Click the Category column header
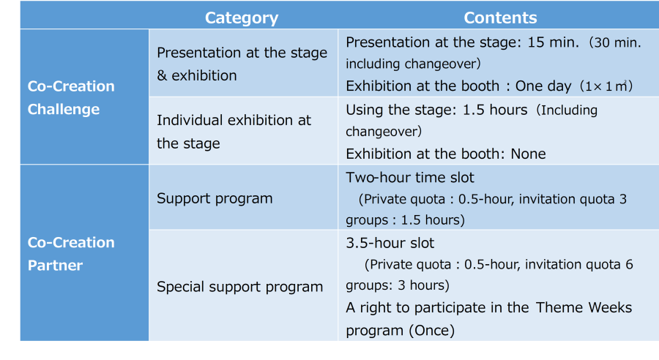242,18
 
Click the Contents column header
500,18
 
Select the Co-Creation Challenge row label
71,97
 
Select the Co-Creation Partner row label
71,254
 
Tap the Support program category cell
215,198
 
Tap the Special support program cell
240,287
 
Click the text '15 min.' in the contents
553,42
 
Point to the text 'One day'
543,86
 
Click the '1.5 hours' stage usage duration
495,110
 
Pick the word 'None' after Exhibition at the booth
528,154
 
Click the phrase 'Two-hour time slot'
410,177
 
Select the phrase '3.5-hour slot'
390,243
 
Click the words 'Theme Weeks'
584,307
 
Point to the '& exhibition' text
197,75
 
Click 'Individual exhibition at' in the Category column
234,120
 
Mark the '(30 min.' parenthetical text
615,42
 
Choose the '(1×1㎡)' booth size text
606,86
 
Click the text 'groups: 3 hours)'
398,285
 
